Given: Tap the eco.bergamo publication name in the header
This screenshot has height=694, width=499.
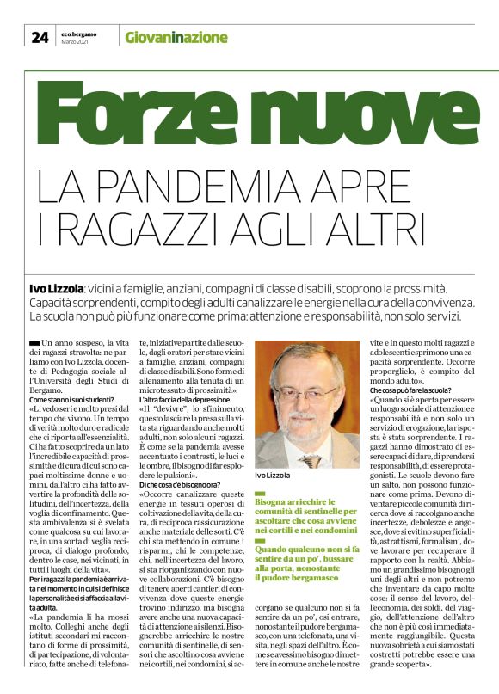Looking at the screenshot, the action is point(78,33).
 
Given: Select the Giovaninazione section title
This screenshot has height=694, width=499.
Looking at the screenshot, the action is point(176,37).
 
